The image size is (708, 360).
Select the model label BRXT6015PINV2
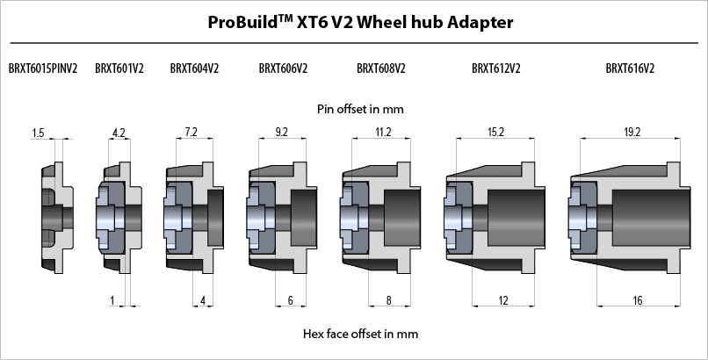[x=43, y=68]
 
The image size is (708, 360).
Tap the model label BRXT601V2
[x=119, y=68]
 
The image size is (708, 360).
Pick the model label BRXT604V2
[x=194, y=68]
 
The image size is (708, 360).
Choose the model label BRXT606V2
[x=283, y=68]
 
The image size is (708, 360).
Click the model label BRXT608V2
[x=381, y=68]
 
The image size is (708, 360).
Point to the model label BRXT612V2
[x=495, y=68]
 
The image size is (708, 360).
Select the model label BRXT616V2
[x=630, y=68]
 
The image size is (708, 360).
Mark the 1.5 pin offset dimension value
[x=38, y=133]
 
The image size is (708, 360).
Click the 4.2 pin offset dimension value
[x=119, y=133]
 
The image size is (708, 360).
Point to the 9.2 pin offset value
[x=281, y=133]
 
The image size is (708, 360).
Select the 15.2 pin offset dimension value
[x=495, y=133]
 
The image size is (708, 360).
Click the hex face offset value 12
[x=503, y=301]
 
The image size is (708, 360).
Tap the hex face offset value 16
[x=637, y=301]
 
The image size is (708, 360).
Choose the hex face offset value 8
[x=387, y=301]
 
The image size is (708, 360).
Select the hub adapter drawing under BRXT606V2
[x=281, y=215]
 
